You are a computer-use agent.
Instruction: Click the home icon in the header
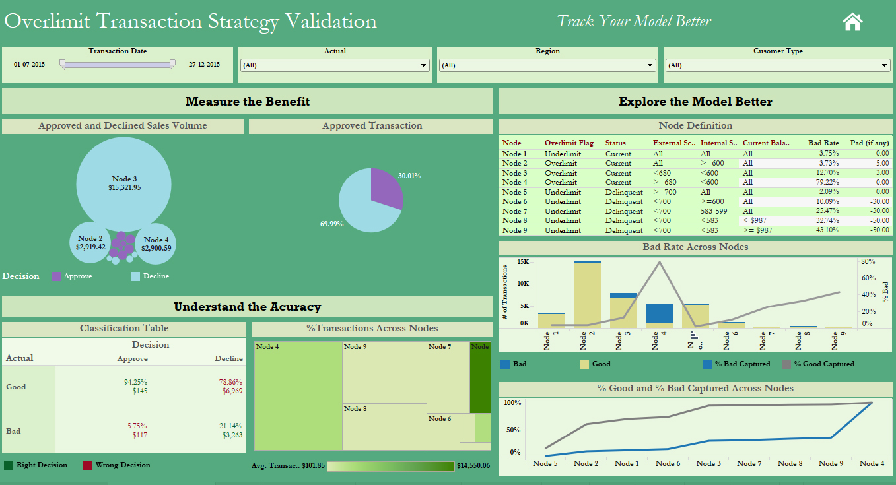pos(852,22)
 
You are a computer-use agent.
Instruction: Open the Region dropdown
pos(547,65)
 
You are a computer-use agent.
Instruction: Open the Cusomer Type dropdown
pos(777,65)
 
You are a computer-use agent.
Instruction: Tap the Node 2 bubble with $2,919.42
pos(90,242)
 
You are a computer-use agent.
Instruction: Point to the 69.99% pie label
pos(333,224)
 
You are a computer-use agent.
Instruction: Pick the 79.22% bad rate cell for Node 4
pos(827,182)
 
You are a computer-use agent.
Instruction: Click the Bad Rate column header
pos(823,143)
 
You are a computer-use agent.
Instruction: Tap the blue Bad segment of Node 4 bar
pos(659,313)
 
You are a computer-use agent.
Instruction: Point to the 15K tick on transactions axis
pos(523,262)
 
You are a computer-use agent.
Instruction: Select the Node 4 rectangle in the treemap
pos(298,395)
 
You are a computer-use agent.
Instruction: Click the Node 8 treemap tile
pos(384,427)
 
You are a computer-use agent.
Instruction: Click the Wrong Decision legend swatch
pos(87,465)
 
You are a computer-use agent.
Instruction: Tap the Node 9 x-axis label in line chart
pos(831,463)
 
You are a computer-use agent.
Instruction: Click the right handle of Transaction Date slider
pos(172,64)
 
